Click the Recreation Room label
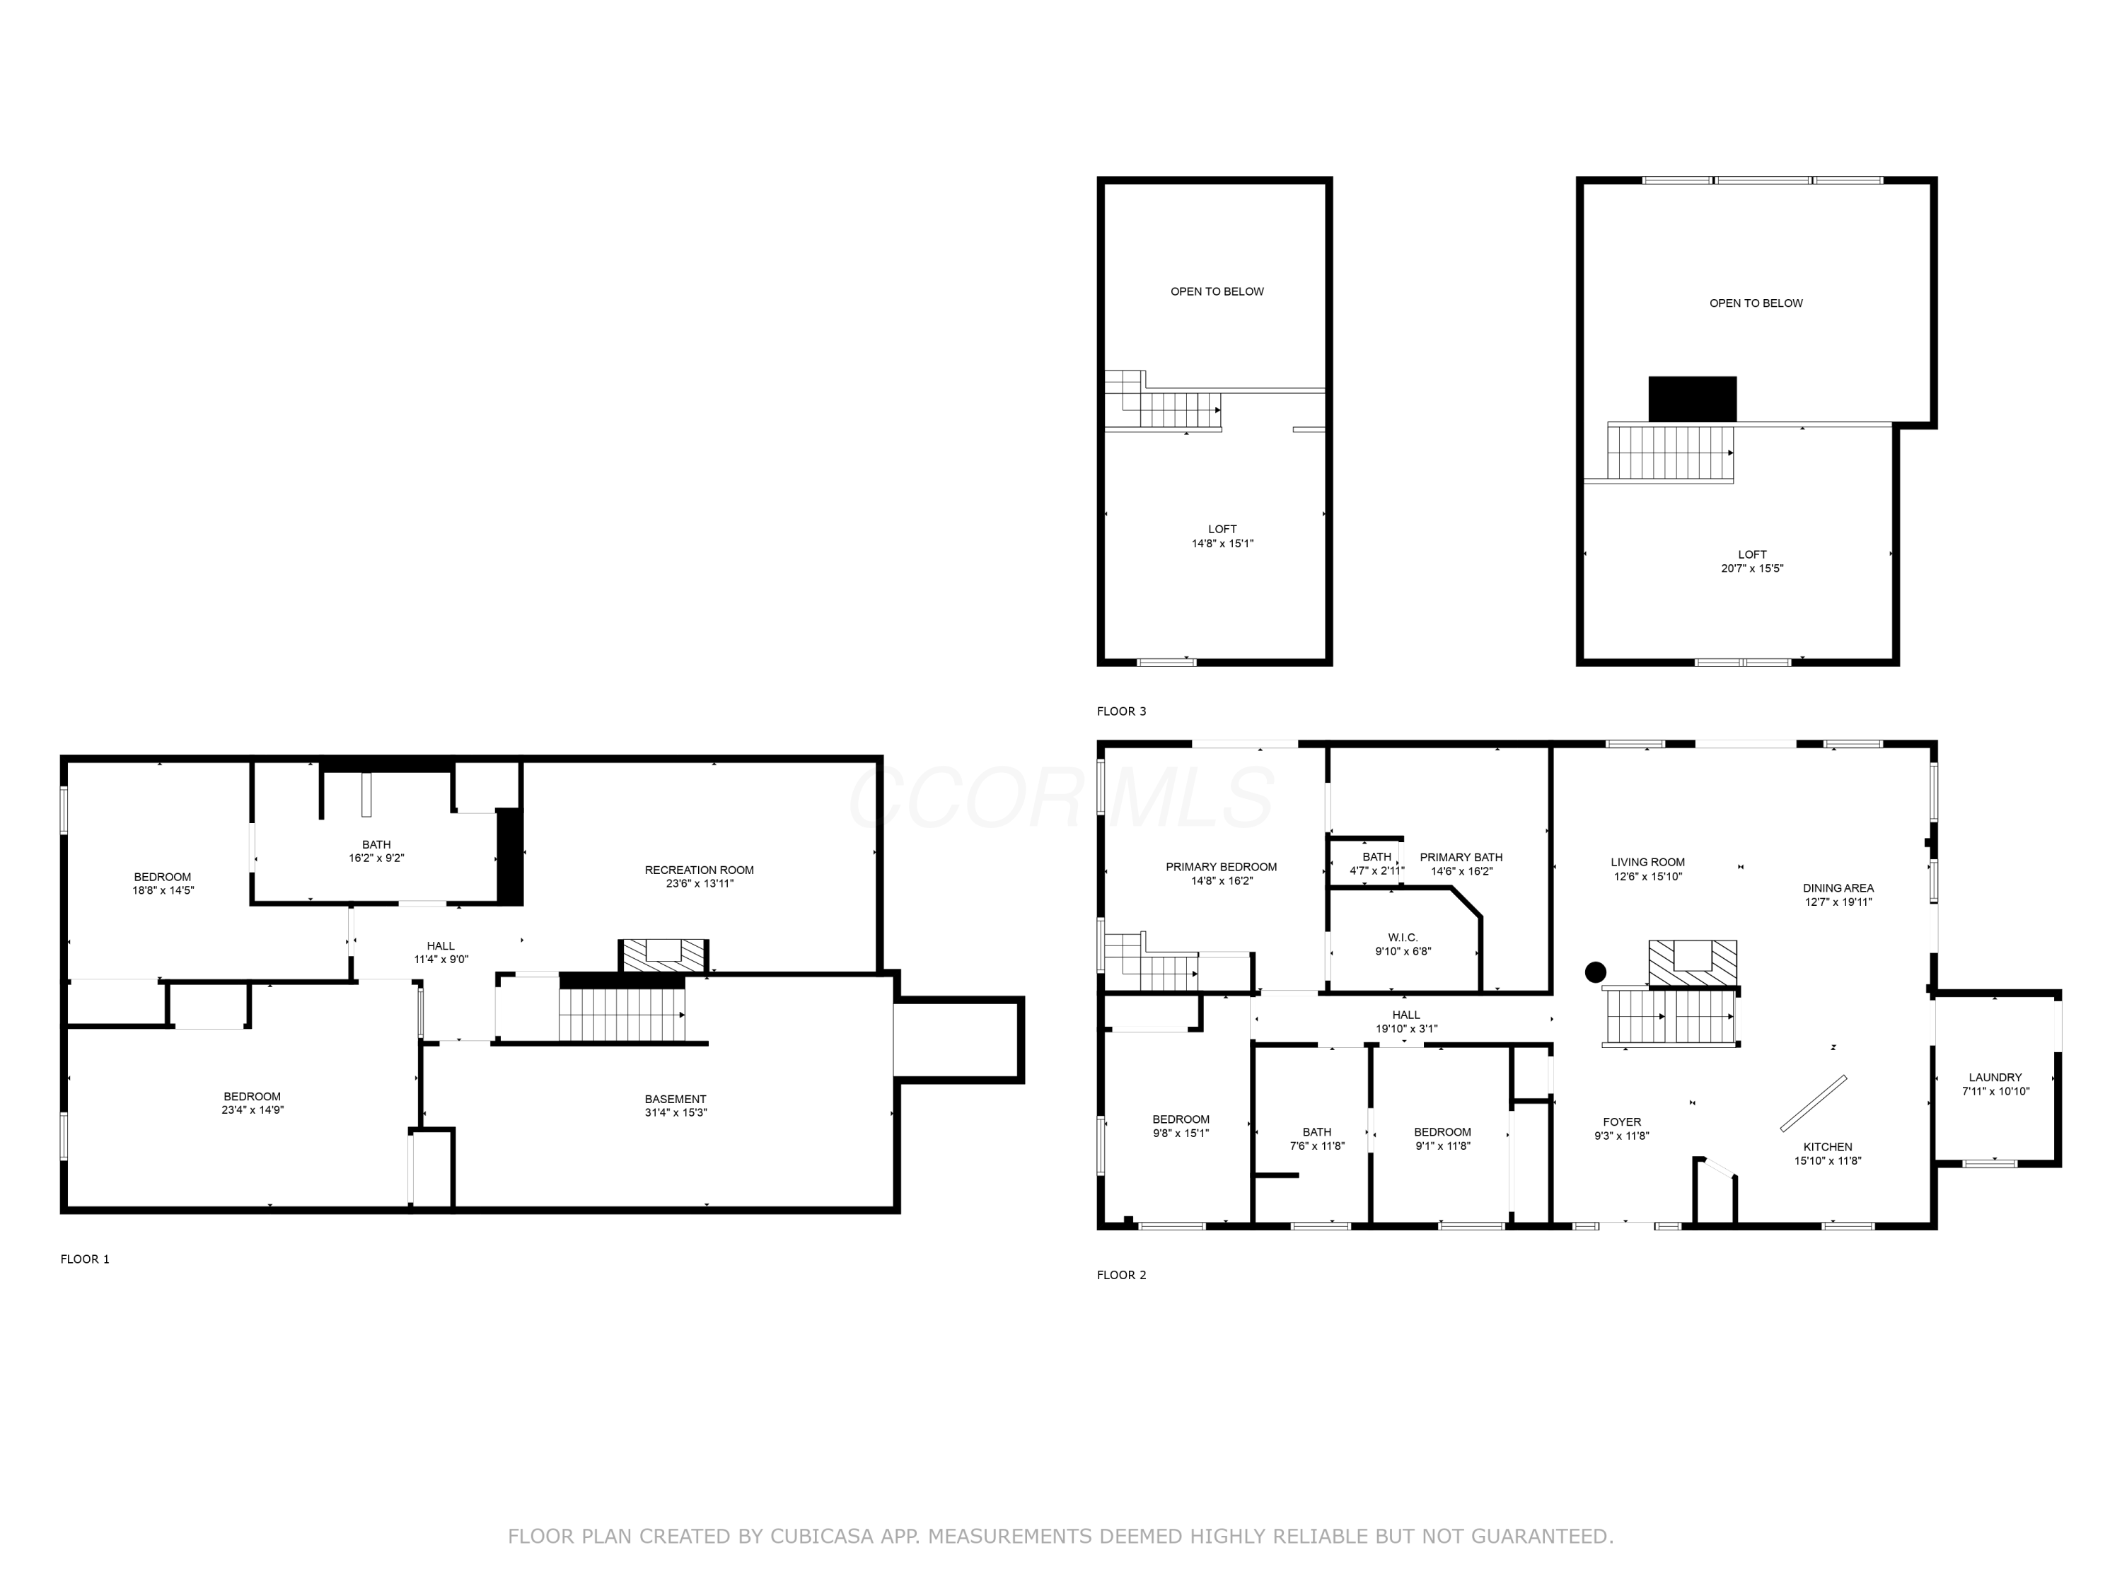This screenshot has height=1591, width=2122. coord(700,870)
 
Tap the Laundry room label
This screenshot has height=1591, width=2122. coord(1995,1077)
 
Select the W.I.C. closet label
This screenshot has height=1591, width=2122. coord(1403,938)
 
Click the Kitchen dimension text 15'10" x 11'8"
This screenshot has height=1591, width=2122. coord(1828,1160)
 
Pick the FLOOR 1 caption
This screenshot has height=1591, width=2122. coord(86,1259)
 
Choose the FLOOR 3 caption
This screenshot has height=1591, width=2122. coord(1121,711)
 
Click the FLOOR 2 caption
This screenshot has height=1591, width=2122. coord(1121,1274)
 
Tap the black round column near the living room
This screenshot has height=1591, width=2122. coord(1595,972)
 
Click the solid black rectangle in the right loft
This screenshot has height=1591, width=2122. coord(1692,399)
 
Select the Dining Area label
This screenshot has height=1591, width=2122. coord(1838,888)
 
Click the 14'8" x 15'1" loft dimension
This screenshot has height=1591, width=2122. coord(1222,544)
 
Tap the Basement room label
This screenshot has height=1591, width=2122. coord(676,1099)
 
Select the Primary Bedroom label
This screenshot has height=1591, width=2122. coord(1221,867)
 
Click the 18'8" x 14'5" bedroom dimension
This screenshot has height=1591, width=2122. coord(163,890)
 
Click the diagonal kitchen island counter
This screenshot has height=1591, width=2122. coord(1813,1103)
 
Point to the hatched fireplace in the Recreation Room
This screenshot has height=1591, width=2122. coord(663,955)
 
